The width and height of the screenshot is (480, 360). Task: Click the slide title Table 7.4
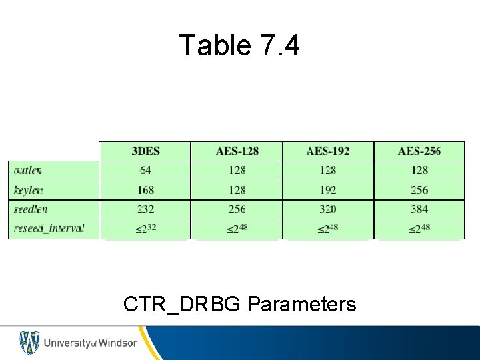240,45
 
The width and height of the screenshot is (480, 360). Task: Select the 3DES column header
145,151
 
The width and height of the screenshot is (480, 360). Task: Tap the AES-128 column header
237,151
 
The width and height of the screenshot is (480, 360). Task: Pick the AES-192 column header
328,151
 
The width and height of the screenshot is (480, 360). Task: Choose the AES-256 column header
419,151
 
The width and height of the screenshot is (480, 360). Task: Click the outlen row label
28,170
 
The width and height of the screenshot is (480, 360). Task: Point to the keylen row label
28,190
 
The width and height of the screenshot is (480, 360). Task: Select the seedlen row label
31,209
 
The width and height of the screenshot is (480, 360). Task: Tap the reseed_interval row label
49,229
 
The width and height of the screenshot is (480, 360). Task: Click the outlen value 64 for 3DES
145,170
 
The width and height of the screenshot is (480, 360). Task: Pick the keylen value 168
145,190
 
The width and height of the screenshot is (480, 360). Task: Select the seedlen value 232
145,209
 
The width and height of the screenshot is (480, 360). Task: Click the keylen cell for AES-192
328,190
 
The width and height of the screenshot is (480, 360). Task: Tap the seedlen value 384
419,209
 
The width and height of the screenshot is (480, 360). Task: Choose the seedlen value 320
328,209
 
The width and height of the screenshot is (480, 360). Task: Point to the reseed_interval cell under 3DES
145,229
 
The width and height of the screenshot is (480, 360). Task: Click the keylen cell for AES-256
419,190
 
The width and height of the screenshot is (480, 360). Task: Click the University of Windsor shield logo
29,343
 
